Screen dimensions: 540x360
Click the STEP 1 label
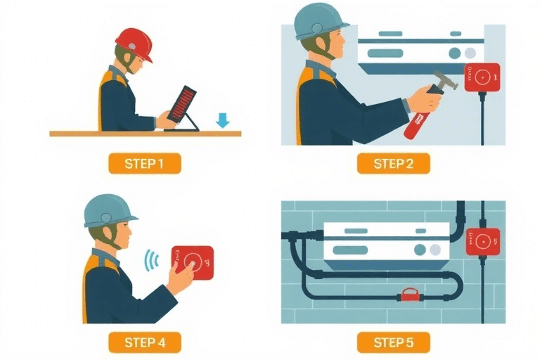145,163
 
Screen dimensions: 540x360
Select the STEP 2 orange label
393,163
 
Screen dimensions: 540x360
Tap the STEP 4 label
145,342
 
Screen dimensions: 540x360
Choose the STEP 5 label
393,342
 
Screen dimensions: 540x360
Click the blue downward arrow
222,120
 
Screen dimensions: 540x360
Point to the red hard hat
134,44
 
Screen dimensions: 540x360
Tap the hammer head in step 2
445,80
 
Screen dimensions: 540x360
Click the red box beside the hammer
482,77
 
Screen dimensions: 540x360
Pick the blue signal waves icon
152,260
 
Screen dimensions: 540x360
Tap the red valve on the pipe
409,295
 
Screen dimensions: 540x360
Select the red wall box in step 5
483,242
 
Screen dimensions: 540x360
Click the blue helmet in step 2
320,22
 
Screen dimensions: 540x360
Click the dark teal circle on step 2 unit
455,53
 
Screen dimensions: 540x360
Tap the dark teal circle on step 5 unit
420,250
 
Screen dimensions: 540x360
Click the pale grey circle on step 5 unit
435,250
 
